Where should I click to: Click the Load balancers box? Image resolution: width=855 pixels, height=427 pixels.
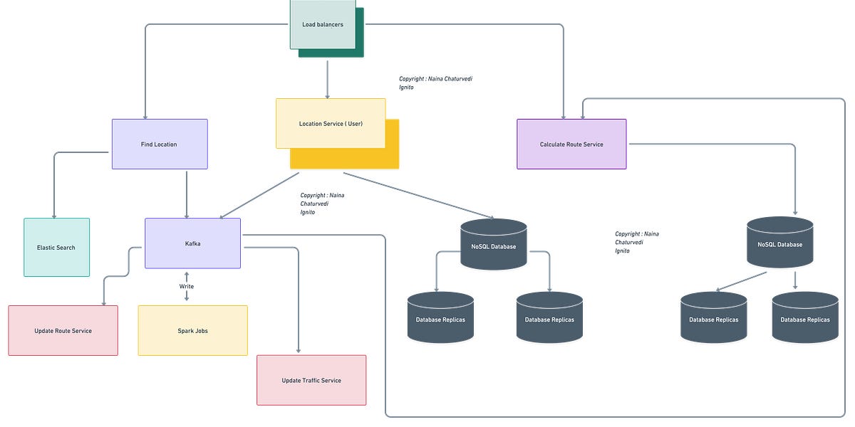[322, 24]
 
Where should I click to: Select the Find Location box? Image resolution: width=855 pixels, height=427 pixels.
[159, 144]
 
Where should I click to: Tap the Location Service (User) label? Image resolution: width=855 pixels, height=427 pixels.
[331, 124]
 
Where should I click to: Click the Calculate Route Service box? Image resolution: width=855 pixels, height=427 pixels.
[571, 144]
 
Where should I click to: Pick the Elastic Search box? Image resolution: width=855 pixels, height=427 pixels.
[56, 247]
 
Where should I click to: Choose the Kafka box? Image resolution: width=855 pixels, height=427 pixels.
[192, 243]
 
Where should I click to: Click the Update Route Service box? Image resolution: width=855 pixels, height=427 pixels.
[63, 330]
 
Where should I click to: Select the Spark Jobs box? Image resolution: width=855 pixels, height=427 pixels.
[192, 330]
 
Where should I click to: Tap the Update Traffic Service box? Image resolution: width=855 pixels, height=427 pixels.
[311, 380]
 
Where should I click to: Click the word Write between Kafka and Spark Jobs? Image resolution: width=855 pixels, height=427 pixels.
[187, 286]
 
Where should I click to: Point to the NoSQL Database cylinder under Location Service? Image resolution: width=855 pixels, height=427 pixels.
[494, 246]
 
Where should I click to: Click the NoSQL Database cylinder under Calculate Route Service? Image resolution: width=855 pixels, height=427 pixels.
[779, 243]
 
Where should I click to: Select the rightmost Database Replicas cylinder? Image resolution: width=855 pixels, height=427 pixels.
[805, 318]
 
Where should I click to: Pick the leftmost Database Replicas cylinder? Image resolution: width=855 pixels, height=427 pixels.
[440, 318]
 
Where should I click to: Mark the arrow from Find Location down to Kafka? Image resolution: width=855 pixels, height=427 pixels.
[187, 194]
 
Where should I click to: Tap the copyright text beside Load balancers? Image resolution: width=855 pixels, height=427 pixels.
[435, 83]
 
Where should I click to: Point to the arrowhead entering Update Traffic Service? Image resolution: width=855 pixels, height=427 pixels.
[298, 350]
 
